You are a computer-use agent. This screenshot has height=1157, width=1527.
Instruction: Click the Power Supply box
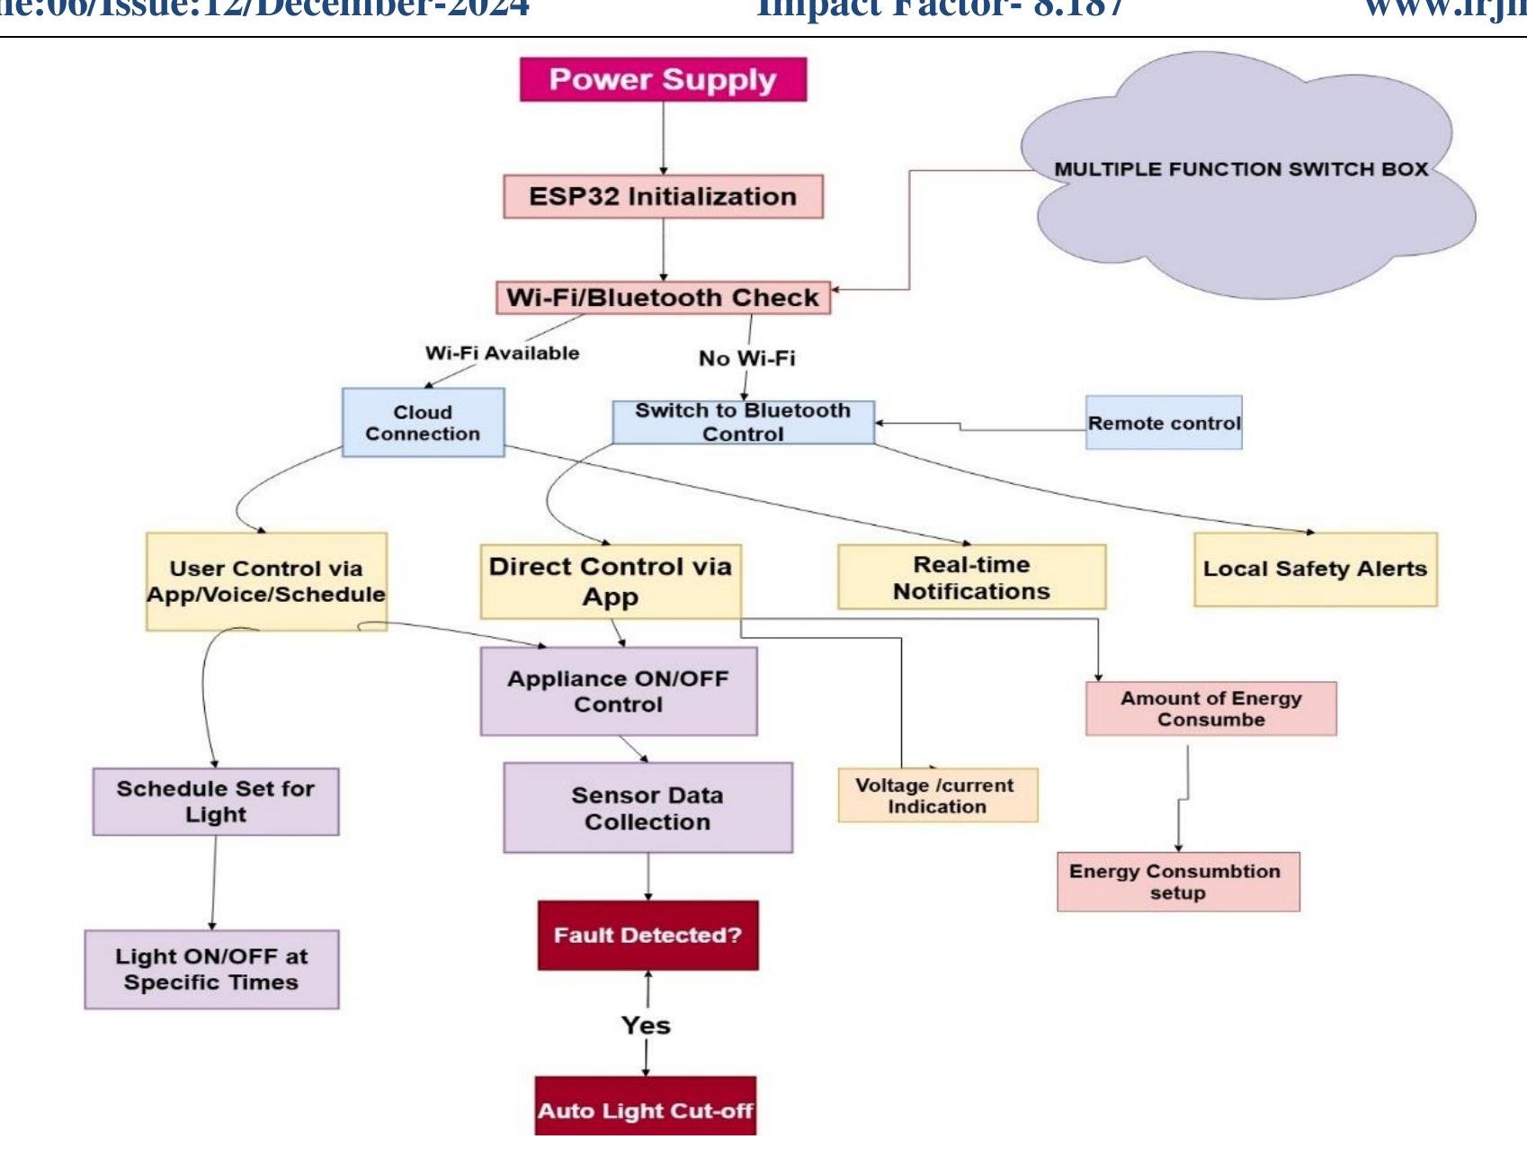[663, 79]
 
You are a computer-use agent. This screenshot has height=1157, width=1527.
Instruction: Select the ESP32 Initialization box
[663, 196]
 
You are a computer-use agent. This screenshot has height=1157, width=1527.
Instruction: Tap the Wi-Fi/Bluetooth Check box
[663, 297]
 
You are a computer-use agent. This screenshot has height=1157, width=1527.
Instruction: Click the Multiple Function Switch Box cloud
[1241, 180]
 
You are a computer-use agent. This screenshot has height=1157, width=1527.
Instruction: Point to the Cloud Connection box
[423, 422]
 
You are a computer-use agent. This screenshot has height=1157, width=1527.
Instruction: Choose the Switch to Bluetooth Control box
[743, 422]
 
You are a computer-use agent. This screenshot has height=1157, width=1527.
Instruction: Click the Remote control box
[1164, 422]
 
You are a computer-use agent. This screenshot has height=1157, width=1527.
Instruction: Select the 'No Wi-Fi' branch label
[746, 358]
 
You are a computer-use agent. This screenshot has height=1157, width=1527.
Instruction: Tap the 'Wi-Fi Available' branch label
[502, 353]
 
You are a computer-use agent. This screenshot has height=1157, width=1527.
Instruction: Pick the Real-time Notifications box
[971, 577]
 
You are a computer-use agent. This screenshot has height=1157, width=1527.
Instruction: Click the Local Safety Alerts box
[1315, 569]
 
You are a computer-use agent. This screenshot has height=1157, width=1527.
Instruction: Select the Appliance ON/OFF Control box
[618, 691]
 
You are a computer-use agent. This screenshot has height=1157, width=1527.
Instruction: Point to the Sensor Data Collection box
[647, 807]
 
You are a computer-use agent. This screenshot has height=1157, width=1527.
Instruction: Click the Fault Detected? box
[647, 935]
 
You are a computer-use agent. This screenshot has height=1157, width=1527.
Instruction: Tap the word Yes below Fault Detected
[646, 1025]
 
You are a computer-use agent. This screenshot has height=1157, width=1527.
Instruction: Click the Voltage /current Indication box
[937, 794]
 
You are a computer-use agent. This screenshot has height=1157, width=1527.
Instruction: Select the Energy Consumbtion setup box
[1177, 881]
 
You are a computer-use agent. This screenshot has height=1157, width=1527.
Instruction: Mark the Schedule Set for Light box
[215, 801]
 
